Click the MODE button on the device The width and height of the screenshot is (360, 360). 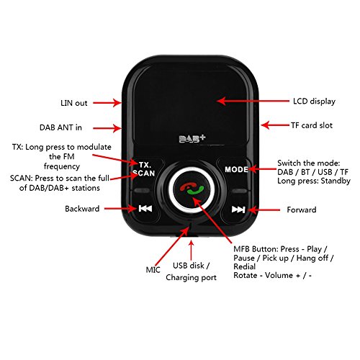pyautogui.click(x=235, y=169)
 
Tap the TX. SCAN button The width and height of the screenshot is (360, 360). pyautogui.click(x=146, y=169)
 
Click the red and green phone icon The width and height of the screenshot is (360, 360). pyautogui.click(x=191, y=191)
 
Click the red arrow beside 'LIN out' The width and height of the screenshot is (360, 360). pyautogui.click(x=107, y=102)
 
